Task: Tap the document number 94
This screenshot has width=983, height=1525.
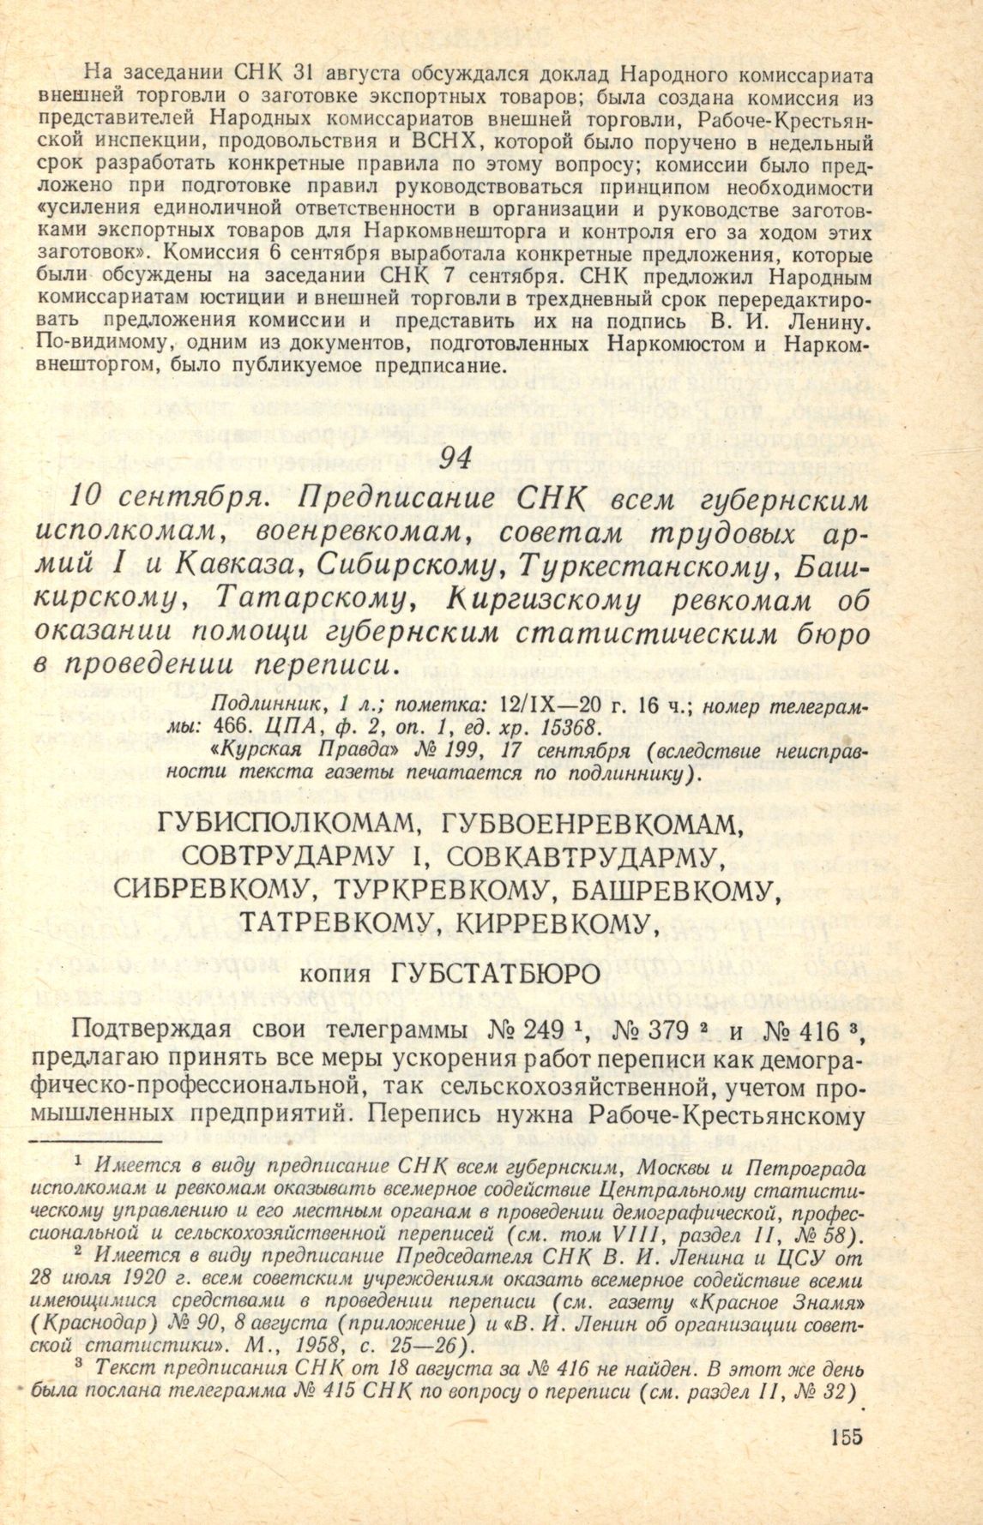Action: (454, 461)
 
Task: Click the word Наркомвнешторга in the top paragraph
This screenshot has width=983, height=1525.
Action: (444, 232)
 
